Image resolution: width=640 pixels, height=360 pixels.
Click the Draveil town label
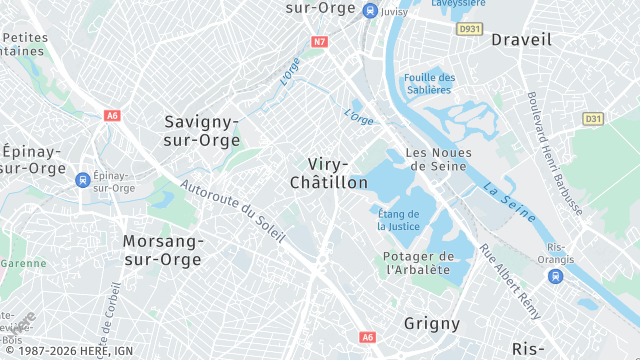pyautogui.click(x=521, y=39)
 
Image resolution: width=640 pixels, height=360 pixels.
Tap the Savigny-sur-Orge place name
pyautogui.click(x=202, y=131)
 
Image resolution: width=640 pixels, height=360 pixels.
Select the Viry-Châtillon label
pyautogui.click(x=328, y=173)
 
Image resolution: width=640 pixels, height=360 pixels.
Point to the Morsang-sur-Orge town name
pyautogui.click(x=163, y=250)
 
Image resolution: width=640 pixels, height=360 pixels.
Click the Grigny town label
pyautogui.click(x=432, y=323)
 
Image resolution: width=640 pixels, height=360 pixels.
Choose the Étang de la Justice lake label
pyautogui.click(x=399, y=219)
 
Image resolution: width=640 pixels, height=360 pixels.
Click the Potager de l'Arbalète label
pyautogui.click(x=418, y=263)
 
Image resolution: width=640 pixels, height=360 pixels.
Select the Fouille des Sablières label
pyautogui.click(x=429, y=83)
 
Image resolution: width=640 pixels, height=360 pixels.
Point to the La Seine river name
pyautogui.click(x=508, y=201)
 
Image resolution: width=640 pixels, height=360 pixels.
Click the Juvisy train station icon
pyautogui.click(x=371, y=11)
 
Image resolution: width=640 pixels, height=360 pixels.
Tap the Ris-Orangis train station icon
pyautogui.click(x=555, y=276)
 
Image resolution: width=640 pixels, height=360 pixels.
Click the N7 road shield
pyautogui.click(x=320, y=42)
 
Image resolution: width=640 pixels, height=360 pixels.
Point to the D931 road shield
pyautogui.click(x=469, y=30)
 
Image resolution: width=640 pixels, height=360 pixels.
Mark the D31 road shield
pyautogui.click(x=594, y=119)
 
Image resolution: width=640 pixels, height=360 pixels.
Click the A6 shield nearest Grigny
pyautogui.click(x=368, y=337)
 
